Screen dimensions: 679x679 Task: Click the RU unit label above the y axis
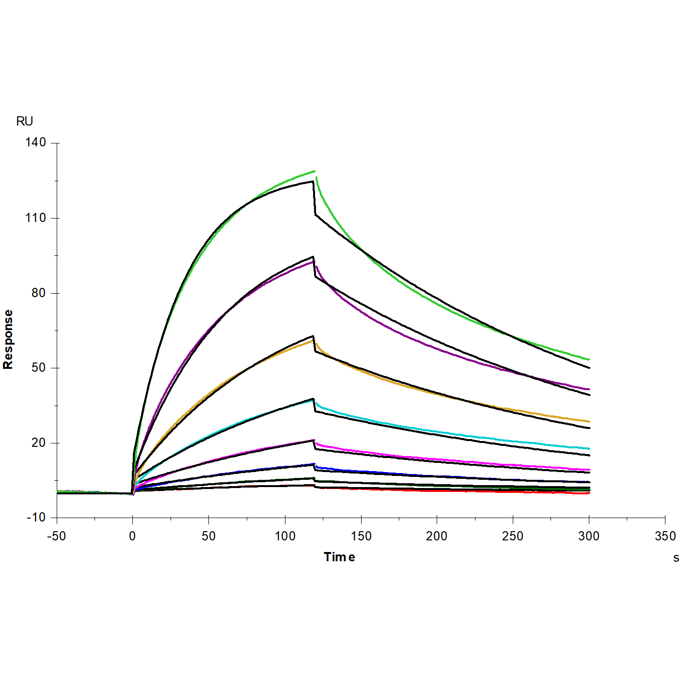coord(24,121)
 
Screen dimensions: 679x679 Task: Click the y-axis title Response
coord(8,339)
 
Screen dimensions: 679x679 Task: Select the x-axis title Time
coord(339,557)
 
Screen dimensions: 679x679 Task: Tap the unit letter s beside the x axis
coord(676,558)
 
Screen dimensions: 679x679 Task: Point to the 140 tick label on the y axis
coord(36,142)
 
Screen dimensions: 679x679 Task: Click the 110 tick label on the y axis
coord(36,218)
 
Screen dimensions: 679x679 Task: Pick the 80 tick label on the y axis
coord(38,293)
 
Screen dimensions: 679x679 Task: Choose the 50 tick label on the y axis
coord(38,367)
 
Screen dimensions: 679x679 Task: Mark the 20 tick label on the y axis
coord(38,442)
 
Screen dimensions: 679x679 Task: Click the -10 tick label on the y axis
coord(36,517)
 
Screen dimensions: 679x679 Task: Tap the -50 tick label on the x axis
coord(56,536)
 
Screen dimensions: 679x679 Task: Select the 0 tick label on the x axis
coord(132,536)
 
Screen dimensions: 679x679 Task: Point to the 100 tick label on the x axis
coord(285,536)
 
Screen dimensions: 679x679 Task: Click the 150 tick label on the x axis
coord(361,536)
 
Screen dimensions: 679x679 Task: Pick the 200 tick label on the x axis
coord(437,536)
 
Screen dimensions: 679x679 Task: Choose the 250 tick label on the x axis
coord(513,536)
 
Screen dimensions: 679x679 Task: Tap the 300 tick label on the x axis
coord(589,536)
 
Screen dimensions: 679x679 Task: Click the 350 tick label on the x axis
coord(665,536)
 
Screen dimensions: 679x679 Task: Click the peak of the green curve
coord(315,171)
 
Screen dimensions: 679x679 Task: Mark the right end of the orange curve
coord(589,421)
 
